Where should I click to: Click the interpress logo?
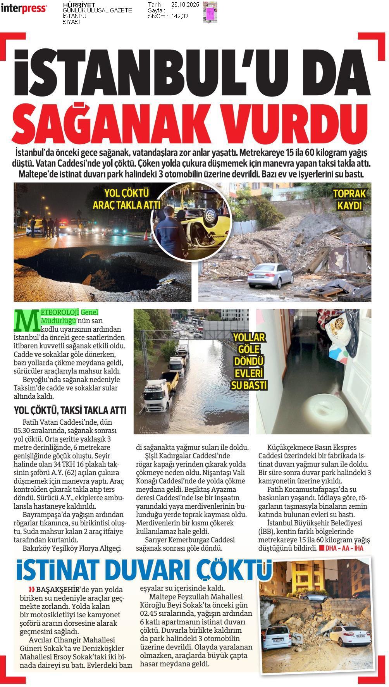(x=24, y=9)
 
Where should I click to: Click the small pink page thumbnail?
(x=210, y=12)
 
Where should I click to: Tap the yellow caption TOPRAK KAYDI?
(x=349, y=200)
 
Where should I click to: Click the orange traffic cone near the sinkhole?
(x=146, y=235)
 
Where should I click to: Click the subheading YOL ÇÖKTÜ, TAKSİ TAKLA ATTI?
(x=70, y=410)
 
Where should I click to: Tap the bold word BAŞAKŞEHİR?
(x=55, y=590)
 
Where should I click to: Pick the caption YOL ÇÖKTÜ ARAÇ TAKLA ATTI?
(x=127, y=199)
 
